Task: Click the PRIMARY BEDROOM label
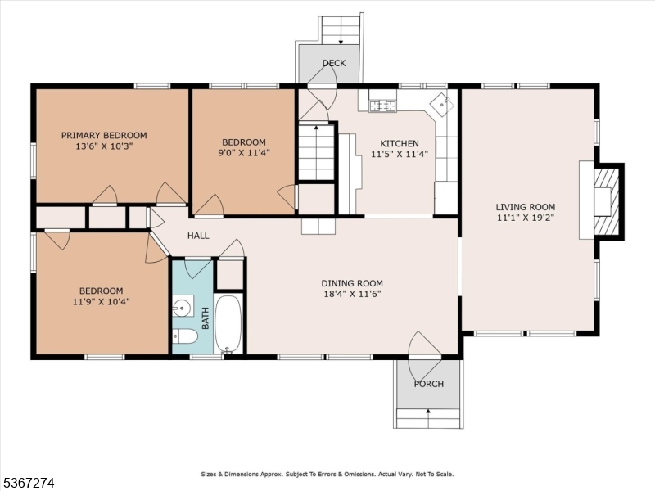104,135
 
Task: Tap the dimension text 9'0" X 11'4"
244,151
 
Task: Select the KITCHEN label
395,143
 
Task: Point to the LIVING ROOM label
525,207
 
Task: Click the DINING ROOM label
351,284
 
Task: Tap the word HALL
198,236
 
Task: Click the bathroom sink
182,309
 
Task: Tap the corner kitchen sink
443,103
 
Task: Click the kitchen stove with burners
382,105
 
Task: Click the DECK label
333,63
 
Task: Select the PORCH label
428,384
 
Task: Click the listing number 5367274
29,484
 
